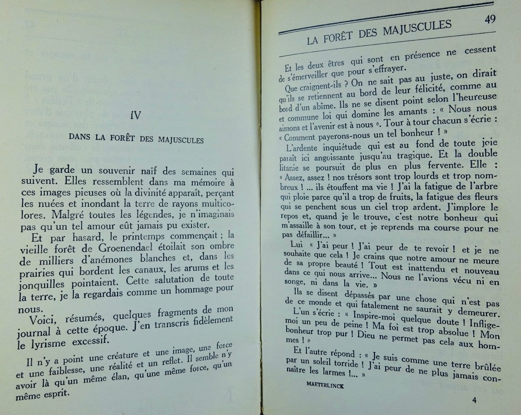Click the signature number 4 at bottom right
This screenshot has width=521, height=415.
click(x=474, y=400)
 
